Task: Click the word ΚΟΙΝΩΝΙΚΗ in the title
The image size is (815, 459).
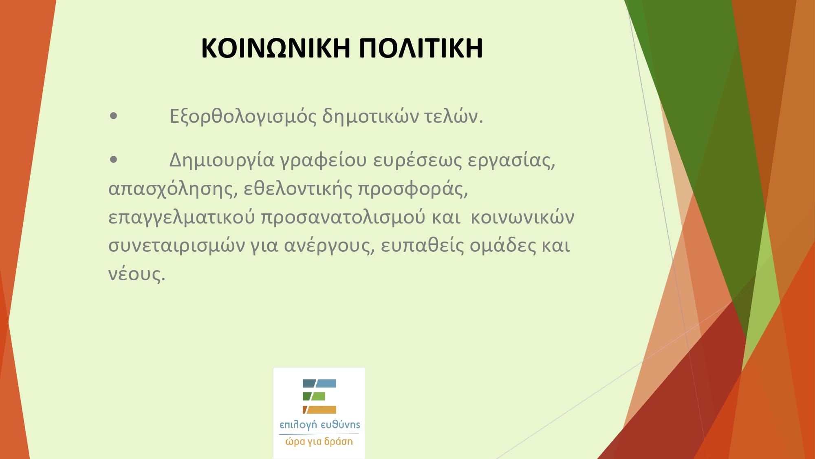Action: click(x=275, y=48)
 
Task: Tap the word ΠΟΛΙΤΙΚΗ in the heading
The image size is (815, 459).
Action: click(x=421, y=48)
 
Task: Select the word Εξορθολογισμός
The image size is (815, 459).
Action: click(x=243, y=117)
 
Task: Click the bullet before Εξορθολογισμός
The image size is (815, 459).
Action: click(x=114, y=116)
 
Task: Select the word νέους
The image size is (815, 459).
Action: click(x=137, y=274)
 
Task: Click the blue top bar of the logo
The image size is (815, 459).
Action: click(x=319, y=384)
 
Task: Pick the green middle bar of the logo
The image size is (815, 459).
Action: click(x=314, y=396)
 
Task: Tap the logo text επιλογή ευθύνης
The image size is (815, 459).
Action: click(x=319, y=425)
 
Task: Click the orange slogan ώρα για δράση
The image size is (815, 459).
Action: click(x=319, y=441)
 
